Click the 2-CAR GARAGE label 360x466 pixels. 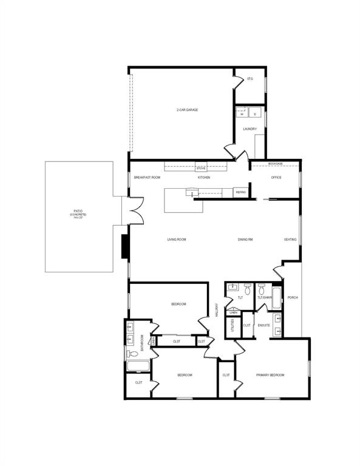[x=187, y=110]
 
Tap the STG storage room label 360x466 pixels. [x=250, y=79]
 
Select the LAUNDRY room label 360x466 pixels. [x=250, y=129]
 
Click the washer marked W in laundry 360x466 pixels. [x=241, y=113]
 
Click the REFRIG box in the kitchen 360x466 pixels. [x=240, y=192]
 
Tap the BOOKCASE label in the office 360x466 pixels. [x=276, y=164]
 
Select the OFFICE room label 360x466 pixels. [x=276, y=177]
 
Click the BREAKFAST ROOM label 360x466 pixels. [x=147, y=177]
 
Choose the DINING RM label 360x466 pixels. [x=245, y=240]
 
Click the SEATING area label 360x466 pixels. [x=290, y=240]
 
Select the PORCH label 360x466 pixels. [x=293, y=297]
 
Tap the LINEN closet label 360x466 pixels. [x=233, y=313]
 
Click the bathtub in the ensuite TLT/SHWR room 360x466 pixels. [x=277, y=299]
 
